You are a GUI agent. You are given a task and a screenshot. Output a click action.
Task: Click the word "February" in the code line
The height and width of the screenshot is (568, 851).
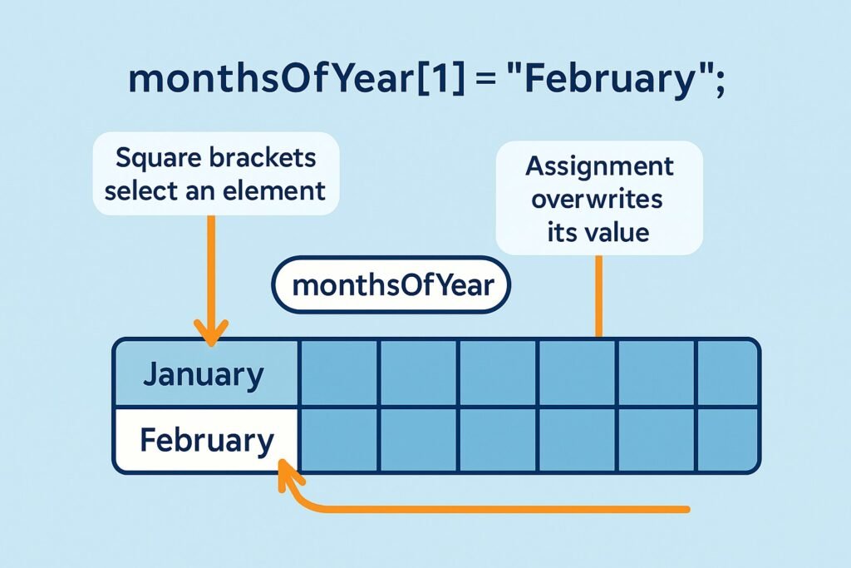[611, 79]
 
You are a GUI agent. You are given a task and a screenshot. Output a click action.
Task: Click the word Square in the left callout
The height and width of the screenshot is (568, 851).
[150, 158]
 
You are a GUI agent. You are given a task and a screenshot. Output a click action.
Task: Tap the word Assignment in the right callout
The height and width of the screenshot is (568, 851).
[599, 166]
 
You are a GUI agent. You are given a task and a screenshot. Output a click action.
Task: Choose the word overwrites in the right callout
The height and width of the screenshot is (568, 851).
[597, 199]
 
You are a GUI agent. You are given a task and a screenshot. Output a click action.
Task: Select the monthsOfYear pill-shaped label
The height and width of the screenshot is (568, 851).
[391, 285]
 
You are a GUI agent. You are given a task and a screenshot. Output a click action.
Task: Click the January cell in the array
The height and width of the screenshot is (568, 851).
[206, 373]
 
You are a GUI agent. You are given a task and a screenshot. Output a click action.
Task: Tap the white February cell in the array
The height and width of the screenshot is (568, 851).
[206, 440]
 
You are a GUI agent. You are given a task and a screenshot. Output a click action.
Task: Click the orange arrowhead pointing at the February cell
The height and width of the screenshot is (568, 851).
[288, 475]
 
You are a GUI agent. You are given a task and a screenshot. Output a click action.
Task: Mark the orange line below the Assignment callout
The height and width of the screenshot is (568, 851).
[598, 297]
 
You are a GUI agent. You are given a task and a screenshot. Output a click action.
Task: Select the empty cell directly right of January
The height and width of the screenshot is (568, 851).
[339, 373]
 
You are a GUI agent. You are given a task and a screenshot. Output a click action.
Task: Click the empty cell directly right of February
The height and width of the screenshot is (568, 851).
[339, 440]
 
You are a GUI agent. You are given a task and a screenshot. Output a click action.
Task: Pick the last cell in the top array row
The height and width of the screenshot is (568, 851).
[727, 373]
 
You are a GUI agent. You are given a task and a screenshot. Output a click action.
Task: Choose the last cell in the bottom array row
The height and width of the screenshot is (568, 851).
[727, 440]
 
